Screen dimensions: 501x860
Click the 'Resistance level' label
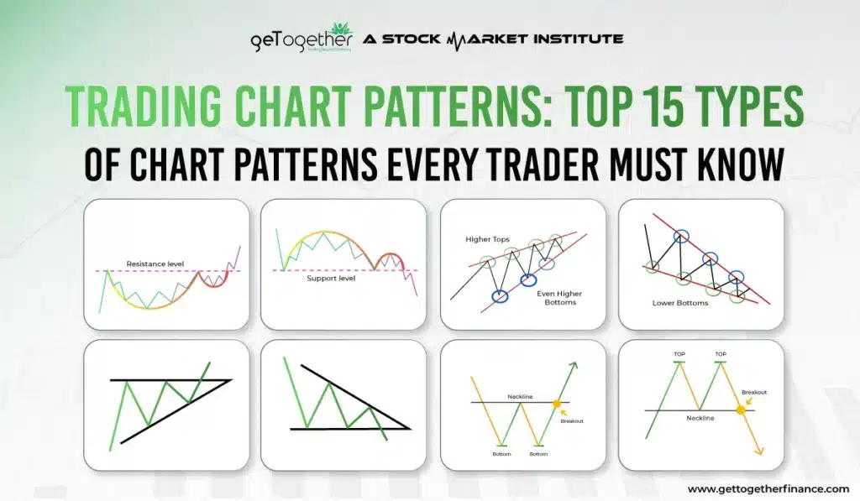tap(155, 264)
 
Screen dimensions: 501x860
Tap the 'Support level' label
tap(331, 277)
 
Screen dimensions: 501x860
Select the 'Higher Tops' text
tap(488, 239)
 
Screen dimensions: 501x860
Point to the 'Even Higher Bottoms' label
tap(559, 298)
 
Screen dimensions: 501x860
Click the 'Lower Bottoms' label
tap(680, 302)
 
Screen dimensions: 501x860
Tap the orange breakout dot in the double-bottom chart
tap(556, 404)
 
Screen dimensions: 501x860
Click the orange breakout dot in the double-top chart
tap(741, 410)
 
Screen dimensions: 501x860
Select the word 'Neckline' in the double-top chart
tap(705, 417)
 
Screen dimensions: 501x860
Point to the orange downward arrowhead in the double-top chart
tap(760, 451)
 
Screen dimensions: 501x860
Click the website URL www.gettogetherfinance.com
tap(768, 488)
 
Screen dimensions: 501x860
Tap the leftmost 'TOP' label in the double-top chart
tap(679, 354)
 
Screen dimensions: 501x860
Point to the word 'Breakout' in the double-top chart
tap(754, 392)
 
